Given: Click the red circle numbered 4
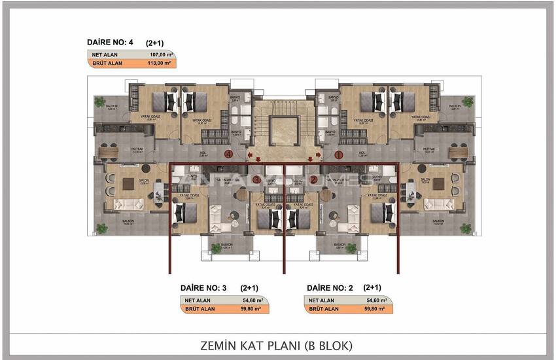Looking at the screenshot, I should (x=228, y=155).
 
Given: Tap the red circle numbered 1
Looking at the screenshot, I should (x=338, y=155).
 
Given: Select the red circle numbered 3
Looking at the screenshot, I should (x=257, y=179).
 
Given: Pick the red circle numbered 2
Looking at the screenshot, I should (x=313, y=179).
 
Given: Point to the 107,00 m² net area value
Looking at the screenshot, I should (x=158, y=55).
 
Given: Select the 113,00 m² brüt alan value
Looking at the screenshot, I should (x=158, y=64).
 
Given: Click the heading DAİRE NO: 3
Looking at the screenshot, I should (x=203, y=287).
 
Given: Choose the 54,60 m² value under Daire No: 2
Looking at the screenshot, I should (x=376, y=300).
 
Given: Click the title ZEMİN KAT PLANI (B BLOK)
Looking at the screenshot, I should (x=277, y=344).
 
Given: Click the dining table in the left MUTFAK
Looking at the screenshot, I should (x=108, y=153).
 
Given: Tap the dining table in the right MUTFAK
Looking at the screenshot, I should (x=459, y=153).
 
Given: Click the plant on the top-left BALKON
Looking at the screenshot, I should (x=99, y=102).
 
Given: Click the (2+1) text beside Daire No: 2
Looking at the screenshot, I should (x=372, y=287).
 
